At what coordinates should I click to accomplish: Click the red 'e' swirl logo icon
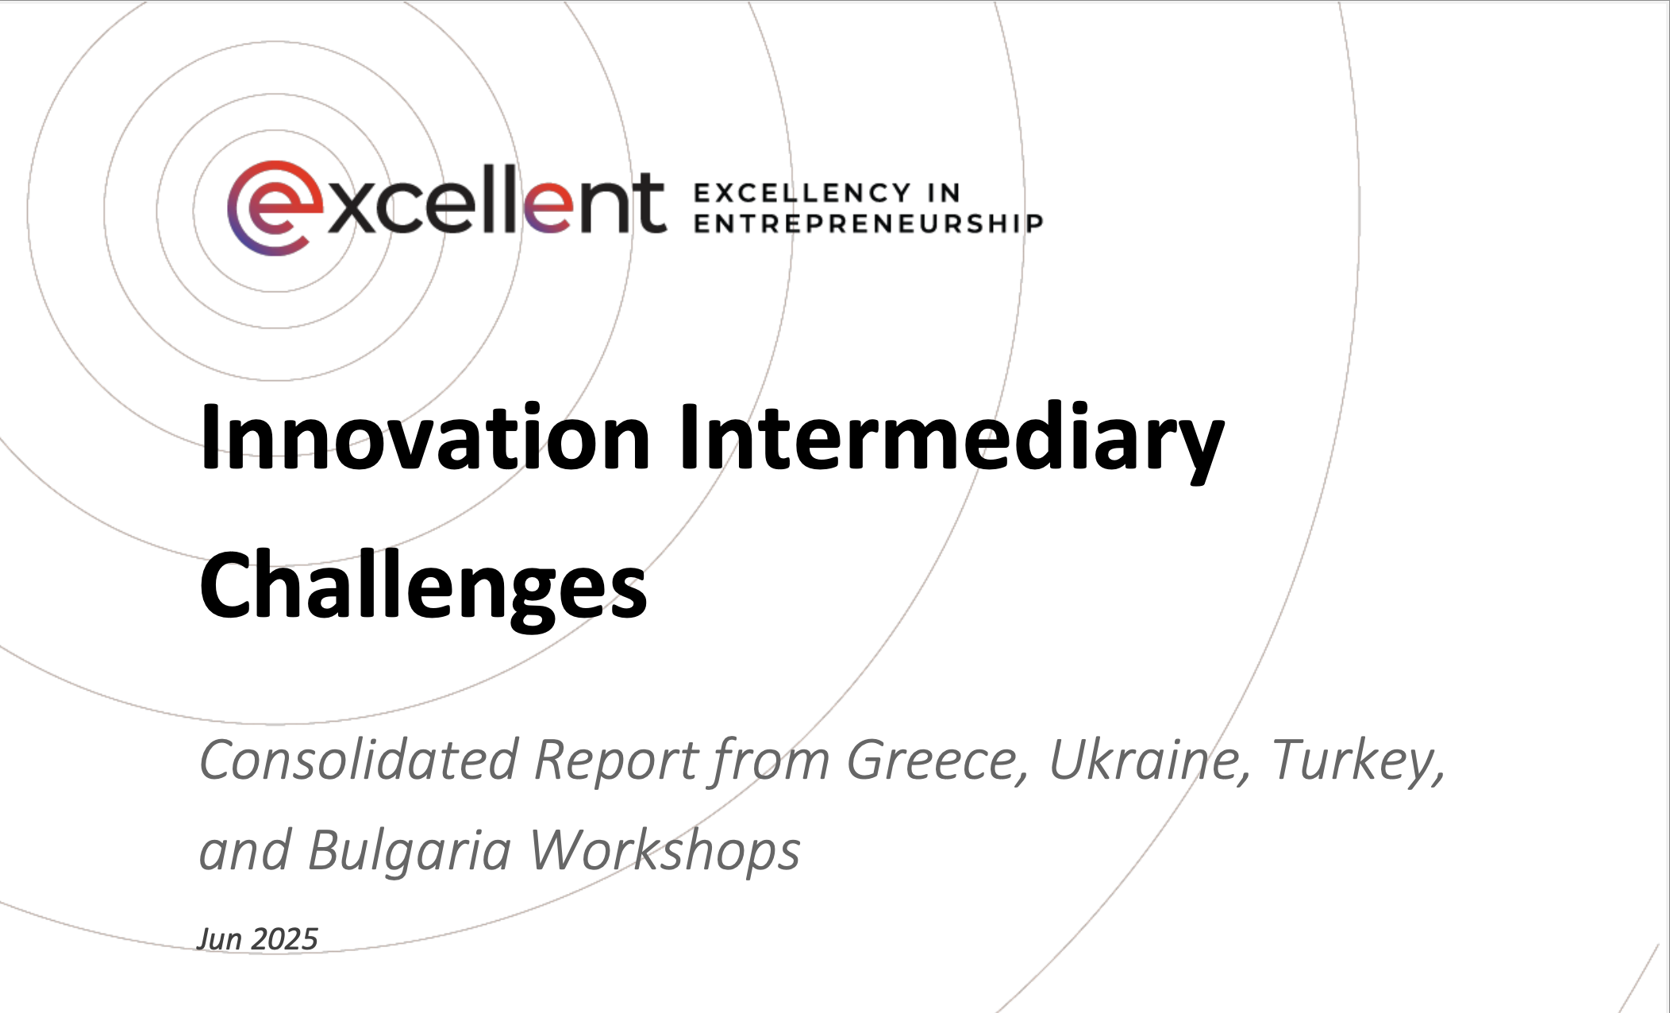coord(275,208)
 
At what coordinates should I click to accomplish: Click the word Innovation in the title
coord(425,437)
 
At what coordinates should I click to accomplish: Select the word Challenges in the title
coord(423,587)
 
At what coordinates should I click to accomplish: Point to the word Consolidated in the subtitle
coord(359,760)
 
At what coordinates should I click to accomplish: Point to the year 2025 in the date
coord(284,939)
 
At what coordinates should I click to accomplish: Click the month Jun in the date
coord(220,939)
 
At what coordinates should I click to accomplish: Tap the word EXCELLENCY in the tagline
coord(802,193)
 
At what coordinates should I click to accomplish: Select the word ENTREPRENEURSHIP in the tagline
coord(868,224)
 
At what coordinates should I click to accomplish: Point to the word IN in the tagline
coord(944,193)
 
